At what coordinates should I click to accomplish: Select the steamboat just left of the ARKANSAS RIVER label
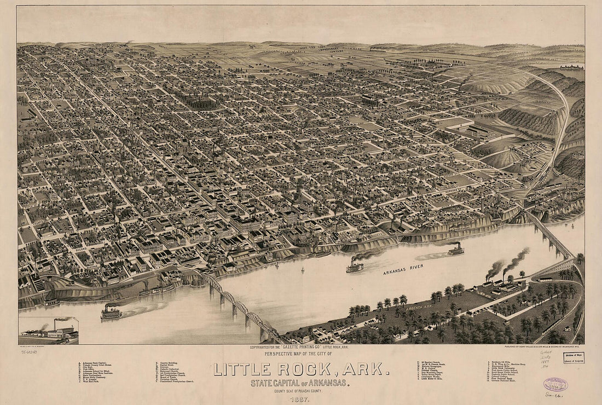point(355,267)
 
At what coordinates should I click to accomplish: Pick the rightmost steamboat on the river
point(455,250)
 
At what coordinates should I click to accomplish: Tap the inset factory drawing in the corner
point(48,331)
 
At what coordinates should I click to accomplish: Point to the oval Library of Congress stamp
point(555,385)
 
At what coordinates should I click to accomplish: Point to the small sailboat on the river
point(303,270)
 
